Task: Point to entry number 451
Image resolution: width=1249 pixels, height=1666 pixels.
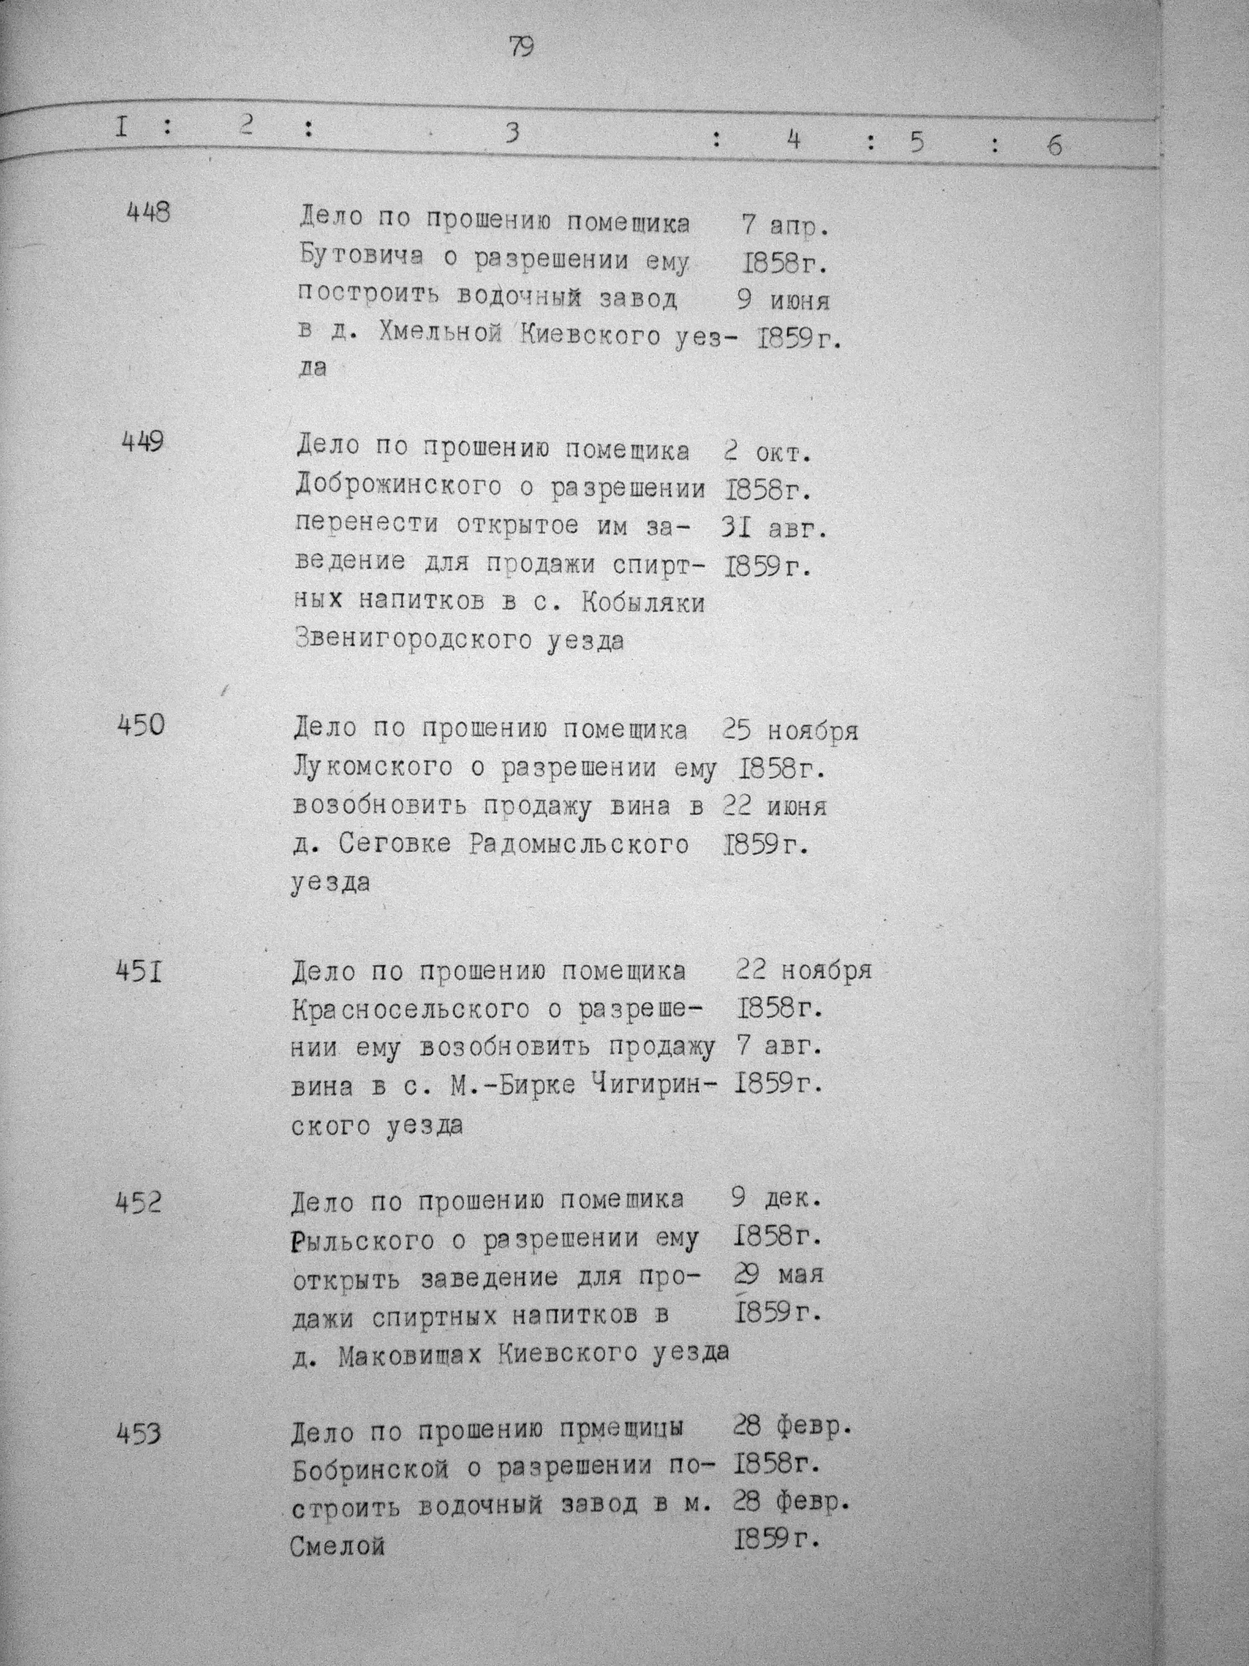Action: point(140,973)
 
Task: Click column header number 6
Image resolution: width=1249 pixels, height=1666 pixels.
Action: point(1054,145)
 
